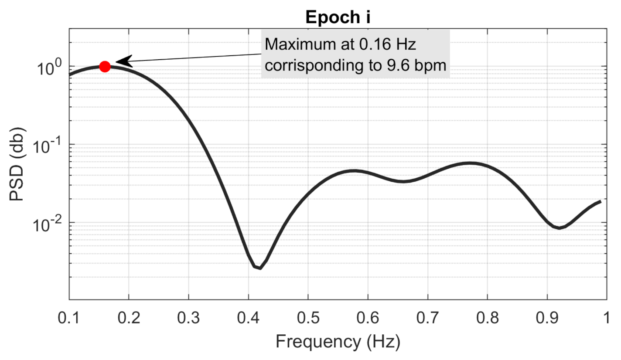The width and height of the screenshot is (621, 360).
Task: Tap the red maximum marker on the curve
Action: point(105,66)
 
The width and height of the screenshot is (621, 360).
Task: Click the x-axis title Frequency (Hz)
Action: point(338,341)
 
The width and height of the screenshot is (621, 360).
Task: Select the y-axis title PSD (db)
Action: point(18,165)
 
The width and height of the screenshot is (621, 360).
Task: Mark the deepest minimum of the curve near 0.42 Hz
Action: point(260,268)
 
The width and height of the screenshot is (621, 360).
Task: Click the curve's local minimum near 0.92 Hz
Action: point(559,228)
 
